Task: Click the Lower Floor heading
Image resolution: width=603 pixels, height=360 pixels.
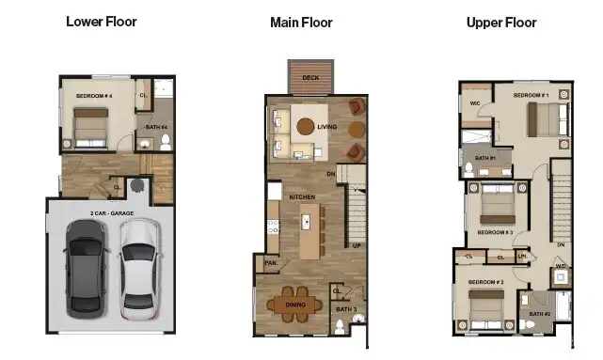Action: (101, 21)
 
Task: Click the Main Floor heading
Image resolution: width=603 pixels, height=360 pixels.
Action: (300, 22)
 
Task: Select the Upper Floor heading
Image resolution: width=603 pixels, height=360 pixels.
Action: (501, 22)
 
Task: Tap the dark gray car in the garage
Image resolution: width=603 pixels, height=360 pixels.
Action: (87, 270)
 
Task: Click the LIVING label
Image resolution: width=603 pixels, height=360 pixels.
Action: (327, 127)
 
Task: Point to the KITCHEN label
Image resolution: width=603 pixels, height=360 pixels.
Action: (301, 196)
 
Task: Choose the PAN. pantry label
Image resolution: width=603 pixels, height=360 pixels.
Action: (271, 263)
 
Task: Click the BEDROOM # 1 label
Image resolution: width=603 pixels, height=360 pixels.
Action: (531, 96)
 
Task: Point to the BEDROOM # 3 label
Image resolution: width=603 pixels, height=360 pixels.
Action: (495, 231)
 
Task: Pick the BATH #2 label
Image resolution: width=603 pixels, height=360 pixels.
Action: (539, 314)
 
